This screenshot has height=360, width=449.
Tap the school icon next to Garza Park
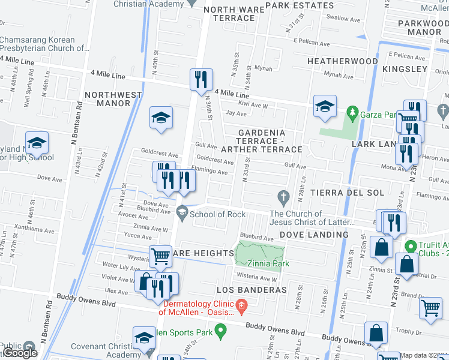pos(324,107)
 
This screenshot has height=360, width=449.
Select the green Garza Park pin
pos(352,112)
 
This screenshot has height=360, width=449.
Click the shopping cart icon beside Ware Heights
pos(160,256)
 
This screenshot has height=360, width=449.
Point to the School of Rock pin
pos(182,211)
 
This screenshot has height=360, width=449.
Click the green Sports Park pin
pos(220,330)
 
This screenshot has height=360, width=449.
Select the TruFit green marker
pos(411,246)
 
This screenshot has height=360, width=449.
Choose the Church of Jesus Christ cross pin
pos(284,196)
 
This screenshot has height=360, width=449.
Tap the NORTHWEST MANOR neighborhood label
pos(113,99)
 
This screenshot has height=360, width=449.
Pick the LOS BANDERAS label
pos(248,290)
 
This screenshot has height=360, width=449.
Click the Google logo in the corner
pos(20,353)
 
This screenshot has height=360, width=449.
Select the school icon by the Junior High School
pos(37,143)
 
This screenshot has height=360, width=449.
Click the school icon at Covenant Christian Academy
pos(144,338)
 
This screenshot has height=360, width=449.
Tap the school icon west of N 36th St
pos(161,118)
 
